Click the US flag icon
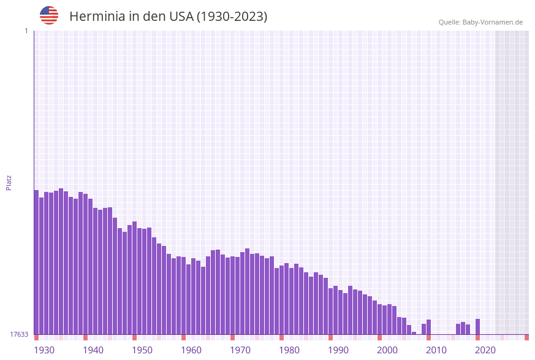coord(49,15)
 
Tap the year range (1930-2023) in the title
coord(232,17)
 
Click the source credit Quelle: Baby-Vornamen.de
coord(480,22)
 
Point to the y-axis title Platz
coord(9,182)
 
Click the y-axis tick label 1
coord(26,31)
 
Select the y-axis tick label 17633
coord(19,334)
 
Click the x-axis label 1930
coord(44,350)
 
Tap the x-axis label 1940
coord(93,350)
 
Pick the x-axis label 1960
coord(191,350)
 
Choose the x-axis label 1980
coord(289,350)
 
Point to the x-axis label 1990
coord(338,350)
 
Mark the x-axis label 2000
coord(387,350)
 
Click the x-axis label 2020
coord(485,350)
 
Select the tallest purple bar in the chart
coord(61,261)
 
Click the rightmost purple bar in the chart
coord(477,327)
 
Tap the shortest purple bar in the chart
coord(414,333)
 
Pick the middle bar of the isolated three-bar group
coord(463,328)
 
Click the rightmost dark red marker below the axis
coord(526,337)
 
